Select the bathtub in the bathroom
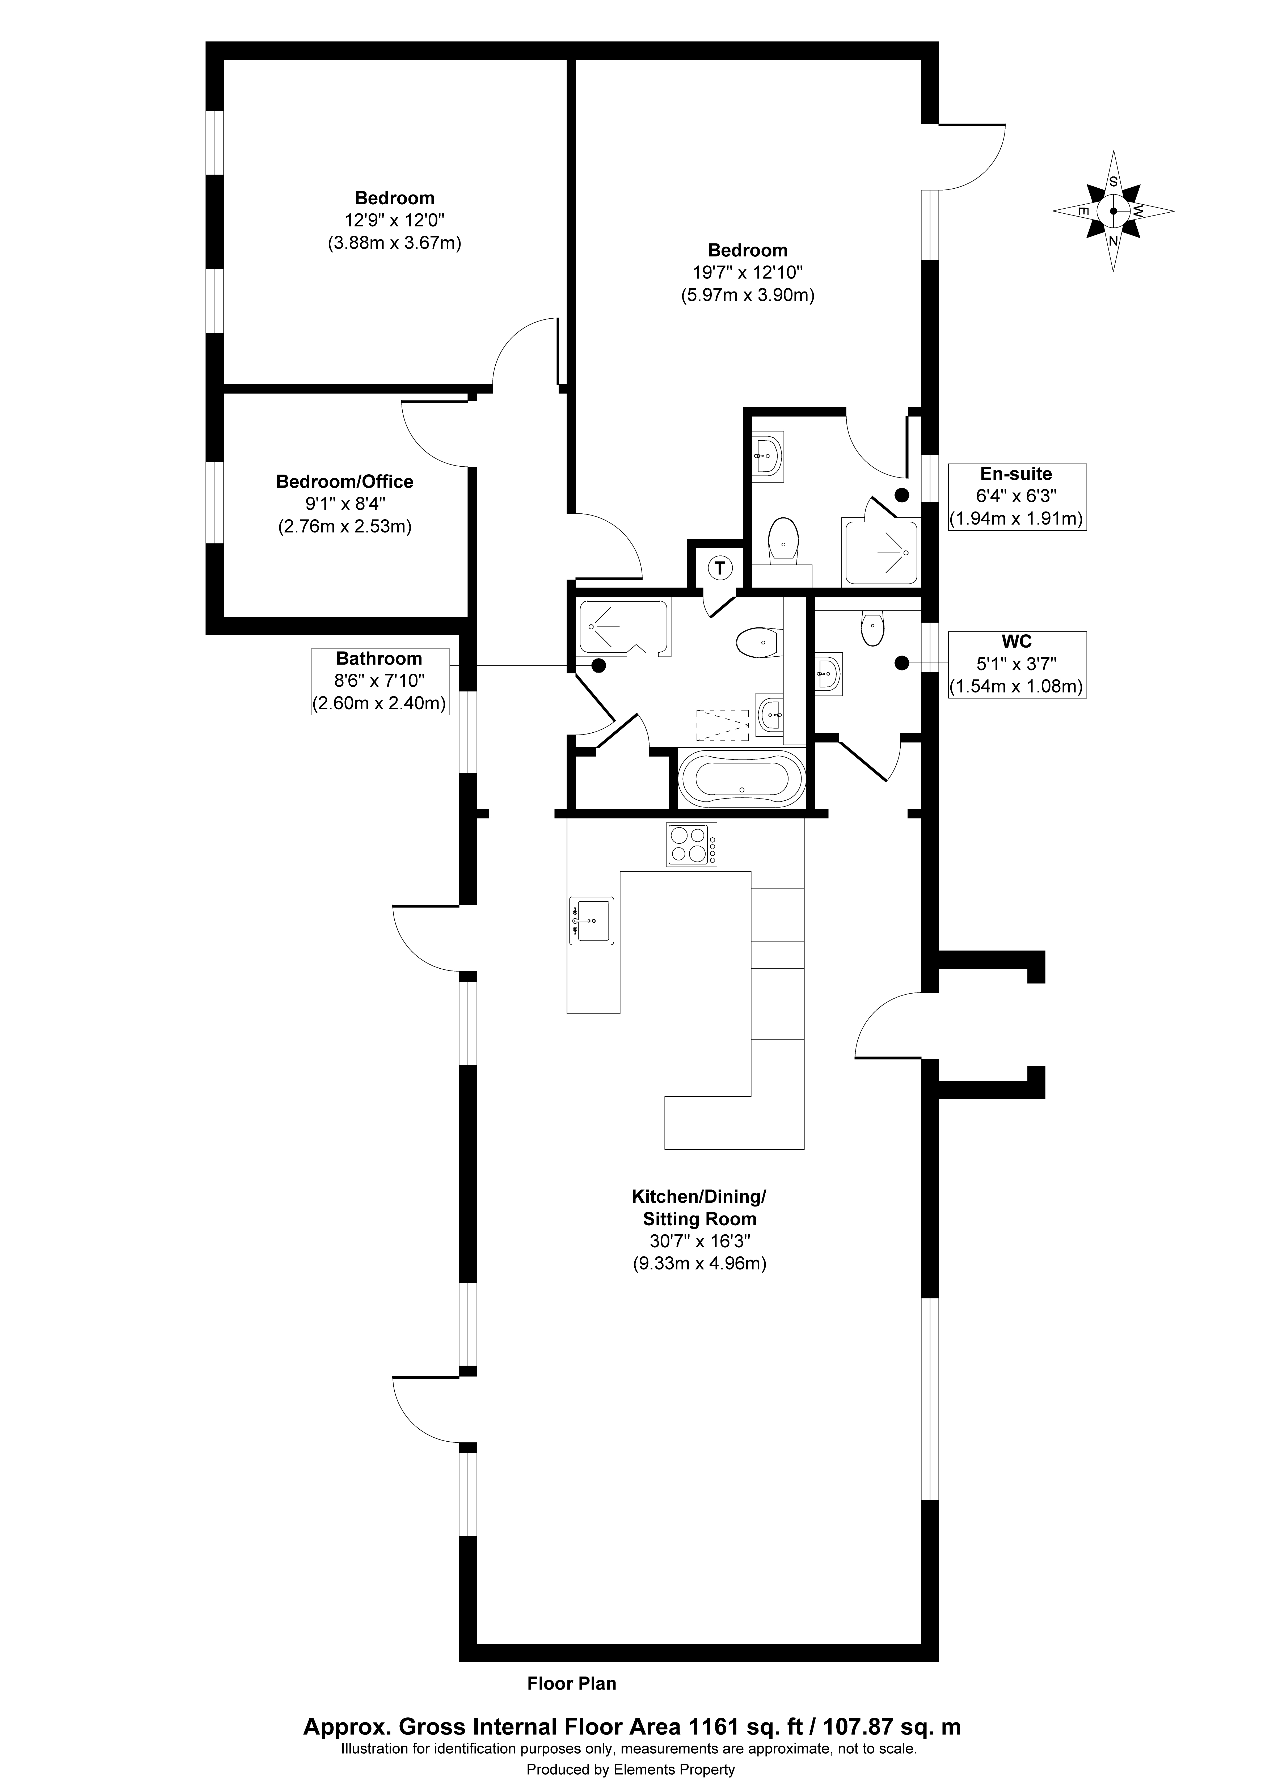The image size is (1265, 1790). (739, 779)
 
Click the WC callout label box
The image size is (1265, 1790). (1017, 664)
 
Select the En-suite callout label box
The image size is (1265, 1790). (1017, 497)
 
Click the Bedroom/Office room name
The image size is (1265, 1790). (345, 482)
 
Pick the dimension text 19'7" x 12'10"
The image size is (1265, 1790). (747, 273)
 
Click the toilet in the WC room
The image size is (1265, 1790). (872, 627)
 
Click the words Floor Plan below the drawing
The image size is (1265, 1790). (572, 1683)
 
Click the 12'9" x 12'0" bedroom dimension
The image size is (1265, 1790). (395, 221)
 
